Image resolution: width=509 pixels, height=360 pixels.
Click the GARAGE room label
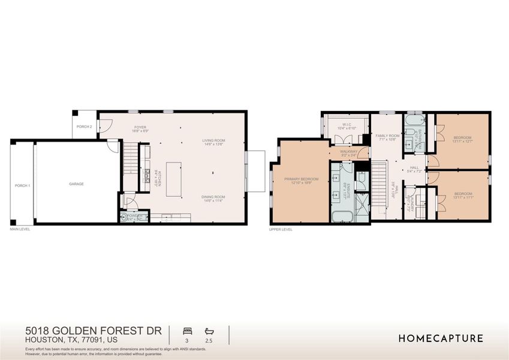pos(76,184)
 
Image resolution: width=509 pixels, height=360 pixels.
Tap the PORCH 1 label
pos(22,185)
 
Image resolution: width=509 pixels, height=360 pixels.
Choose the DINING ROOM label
pos(213,199)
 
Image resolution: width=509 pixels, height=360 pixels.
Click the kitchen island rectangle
pos(174,178)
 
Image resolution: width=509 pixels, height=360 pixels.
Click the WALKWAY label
pos(348,153)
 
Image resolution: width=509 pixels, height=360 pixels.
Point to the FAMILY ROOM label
pos(387,137)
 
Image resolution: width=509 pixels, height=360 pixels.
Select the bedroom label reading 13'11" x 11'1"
pos(463,195)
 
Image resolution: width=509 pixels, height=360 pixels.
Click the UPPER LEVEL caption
pos(281,229)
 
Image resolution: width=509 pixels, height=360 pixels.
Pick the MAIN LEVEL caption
pos(20,229)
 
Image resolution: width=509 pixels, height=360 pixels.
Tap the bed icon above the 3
pos(186,331)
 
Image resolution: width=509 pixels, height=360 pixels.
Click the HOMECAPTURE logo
pos(441,338)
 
